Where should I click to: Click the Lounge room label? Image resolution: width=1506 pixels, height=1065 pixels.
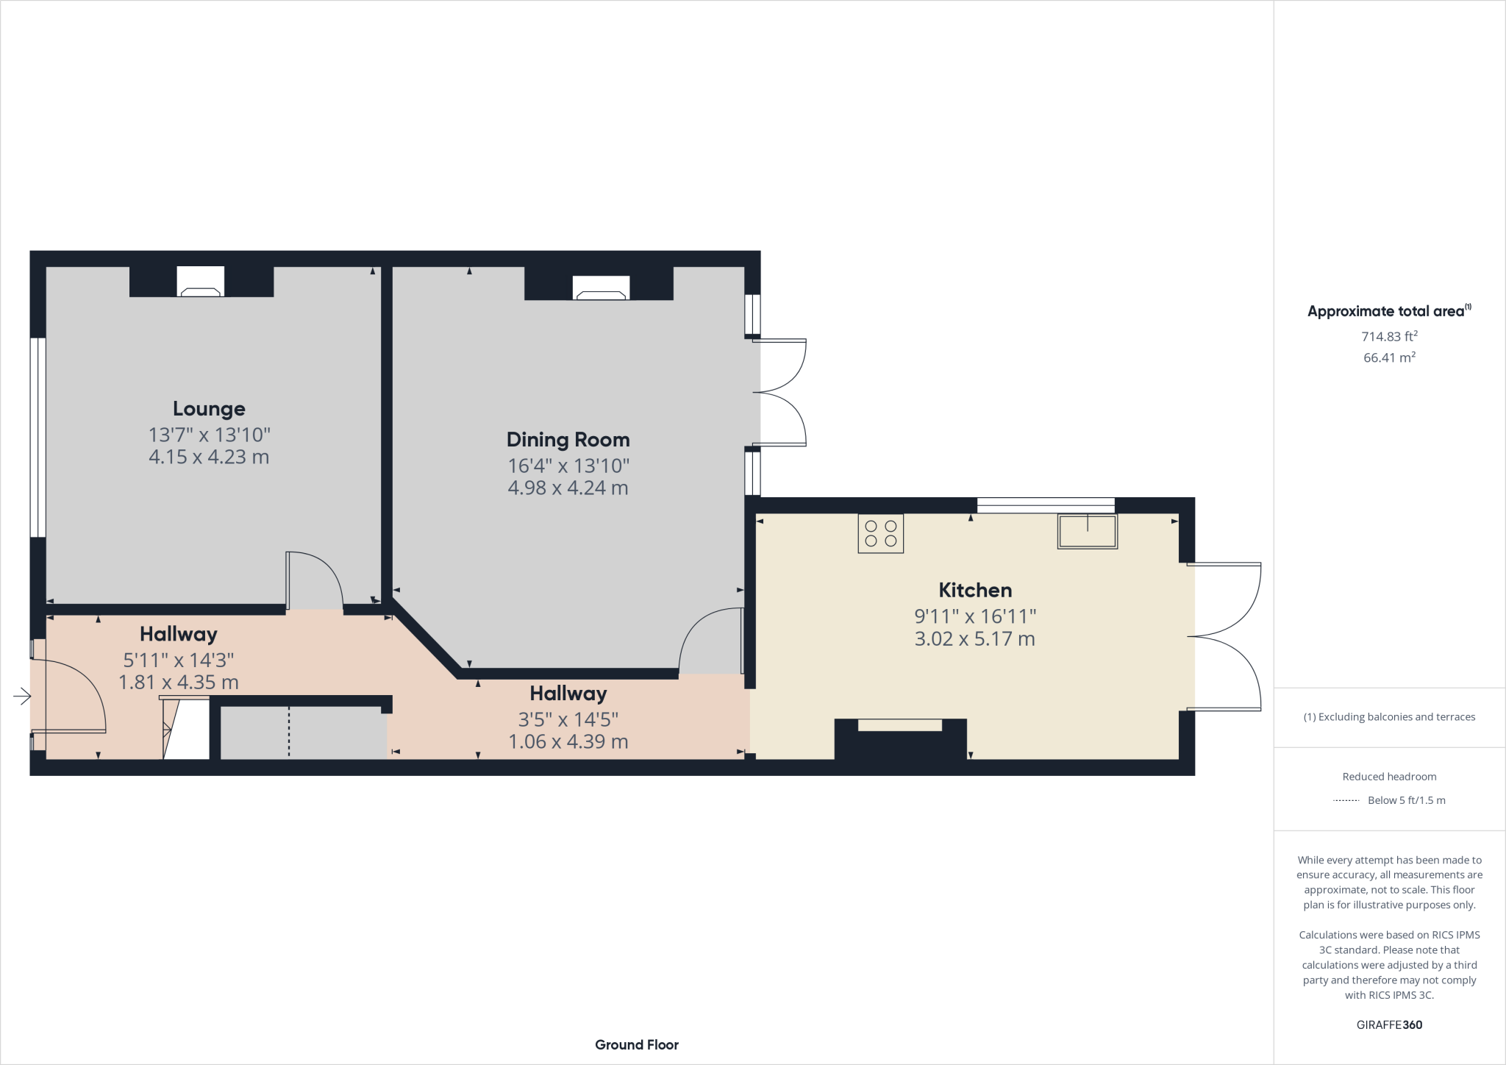click(209, 409)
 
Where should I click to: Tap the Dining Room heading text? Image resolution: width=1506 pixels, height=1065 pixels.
click(568, 440)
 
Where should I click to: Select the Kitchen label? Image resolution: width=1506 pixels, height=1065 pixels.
click(975, 590)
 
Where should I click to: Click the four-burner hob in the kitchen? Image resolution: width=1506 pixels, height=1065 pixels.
click(880, 533)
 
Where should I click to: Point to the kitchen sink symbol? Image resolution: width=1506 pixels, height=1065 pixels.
click(1087, 531)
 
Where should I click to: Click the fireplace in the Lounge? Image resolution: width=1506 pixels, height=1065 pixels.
click(201, 282)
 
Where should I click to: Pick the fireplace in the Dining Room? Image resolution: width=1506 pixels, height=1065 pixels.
click(601, 288)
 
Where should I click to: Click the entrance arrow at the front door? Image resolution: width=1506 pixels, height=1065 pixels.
click(22, 696)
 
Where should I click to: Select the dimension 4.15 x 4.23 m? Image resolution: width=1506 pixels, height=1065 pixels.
click(209, 457)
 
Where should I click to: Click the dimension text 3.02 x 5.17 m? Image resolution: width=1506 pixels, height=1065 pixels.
click(975, 638)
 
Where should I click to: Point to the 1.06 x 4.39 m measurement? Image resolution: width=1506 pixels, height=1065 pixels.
click(568, 741)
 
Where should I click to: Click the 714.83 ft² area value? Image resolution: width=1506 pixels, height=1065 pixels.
click(1388, 336)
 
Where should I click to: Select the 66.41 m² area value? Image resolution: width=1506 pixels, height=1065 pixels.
click(1388, 357)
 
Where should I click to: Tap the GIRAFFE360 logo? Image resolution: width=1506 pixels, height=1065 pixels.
click(1388, 1025)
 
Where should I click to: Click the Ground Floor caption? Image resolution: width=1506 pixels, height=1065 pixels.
click(636, 1044)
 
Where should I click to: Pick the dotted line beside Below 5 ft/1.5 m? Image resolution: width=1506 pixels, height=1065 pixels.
click(1346, 800)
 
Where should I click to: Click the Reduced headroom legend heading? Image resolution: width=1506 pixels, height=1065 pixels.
click(1388, 776)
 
